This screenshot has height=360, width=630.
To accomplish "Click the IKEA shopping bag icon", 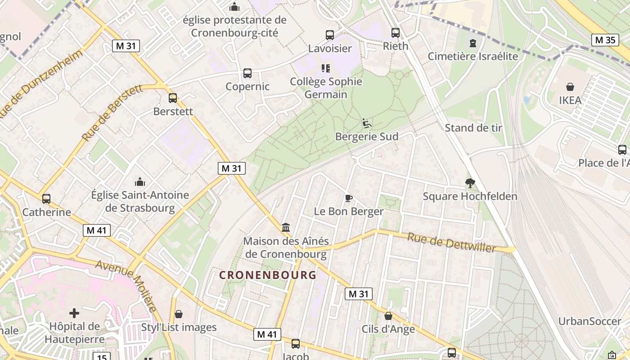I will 570,87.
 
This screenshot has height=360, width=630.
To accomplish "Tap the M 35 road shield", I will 604,40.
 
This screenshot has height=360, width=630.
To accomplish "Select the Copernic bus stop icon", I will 247,73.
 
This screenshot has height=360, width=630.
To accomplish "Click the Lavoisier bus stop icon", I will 330,35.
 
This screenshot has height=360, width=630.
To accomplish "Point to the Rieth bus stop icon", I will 396,32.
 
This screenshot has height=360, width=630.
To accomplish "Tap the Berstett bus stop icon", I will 173,98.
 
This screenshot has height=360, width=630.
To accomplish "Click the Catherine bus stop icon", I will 46,198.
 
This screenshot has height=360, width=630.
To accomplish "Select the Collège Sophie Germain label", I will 326,88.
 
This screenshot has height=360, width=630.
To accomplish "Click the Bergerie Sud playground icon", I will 367,123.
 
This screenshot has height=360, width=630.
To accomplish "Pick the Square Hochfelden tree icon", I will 470,183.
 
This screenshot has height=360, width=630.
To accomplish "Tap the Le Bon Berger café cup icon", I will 349,198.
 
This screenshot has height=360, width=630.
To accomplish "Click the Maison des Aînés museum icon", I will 286,228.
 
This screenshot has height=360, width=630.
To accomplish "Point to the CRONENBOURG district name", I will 268,275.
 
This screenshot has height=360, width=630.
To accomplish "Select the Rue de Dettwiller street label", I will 451,243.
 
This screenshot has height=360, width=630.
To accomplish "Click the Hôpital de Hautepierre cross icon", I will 74,313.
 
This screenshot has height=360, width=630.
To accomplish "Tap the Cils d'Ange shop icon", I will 388,316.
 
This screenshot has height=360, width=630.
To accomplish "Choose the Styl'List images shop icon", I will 179,314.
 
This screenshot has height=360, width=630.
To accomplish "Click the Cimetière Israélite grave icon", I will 472,43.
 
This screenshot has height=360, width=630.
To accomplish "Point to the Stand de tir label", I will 473,128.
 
